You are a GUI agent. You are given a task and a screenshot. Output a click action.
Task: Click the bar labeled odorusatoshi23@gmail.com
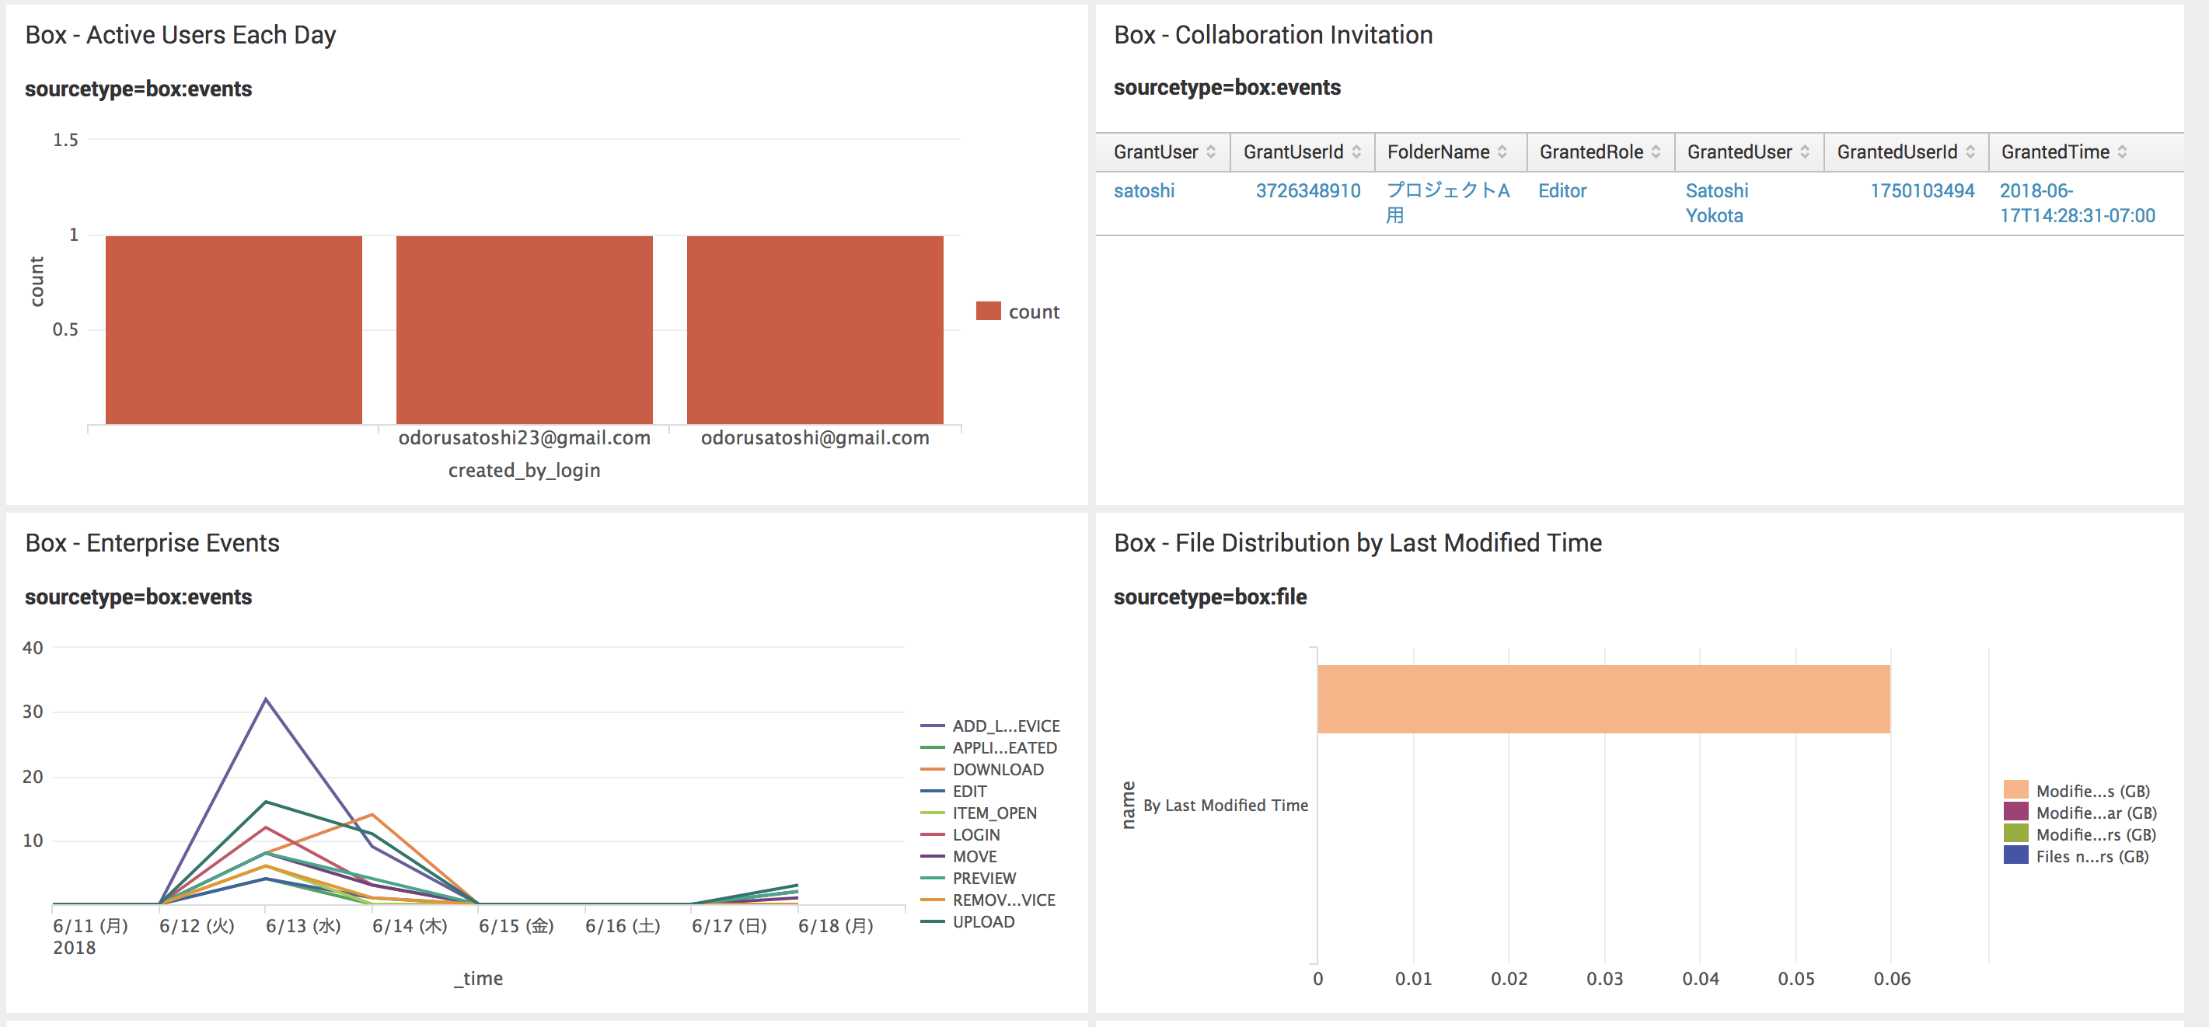tap(524, 330)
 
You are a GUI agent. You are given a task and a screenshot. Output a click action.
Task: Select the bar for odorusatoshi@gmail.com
tap(815, 330)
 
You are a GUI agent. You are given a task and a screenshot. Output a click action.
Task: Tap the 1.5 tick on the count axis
tap(65, 140)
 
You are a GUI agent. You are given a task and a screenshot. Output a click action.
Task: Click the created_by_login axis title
tap(524, 470)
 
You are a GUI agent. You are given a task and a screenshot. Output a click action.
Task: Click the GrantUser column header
tap(1155, 151)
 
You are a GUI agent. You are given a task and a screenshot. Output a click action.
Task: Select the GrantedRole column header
tap(1591, 151)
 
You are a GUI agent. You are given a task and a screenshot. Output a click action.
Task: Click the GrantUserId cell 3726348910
tap(1307, 190)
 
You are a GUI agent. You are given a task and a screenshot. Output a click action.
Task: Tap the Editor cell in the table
tap(1562, 190)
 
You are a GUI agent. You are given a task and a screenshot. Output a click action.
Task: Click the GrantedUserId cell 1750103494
tap(1921, 190)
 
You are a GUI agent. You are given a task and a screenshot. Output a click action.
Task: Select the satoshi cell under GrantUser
tap(1144, 190)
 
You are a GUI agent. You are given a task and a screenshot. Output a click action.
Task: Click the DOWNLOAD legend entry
tap(997, 769)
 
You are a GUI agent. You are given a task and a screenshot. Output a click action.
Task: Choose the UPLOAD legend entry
tap(982, 921)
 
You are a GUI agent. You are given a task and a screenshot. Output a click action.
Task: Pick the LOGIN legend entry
tap(976, 834)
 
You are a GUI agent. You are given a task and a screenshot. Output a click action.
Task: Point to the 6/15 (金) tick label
tap(516, 926)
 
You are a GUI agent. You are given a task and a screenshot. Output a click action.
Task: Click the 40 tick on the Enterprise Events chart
tap(33, 648)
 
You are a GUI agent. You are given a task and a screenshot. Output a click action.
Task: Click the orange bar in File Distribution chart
tap(1604, 698)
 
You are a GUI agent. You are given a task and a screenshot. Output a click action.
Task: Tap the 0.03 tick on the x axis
tap(1604, 978)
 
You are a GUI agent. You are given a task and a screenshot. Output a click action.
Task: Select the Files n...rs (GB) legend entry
tap(2092, 856)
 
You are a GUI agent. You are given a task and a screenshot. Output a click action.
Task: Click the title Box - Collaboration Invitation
tap(1272, 35)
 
